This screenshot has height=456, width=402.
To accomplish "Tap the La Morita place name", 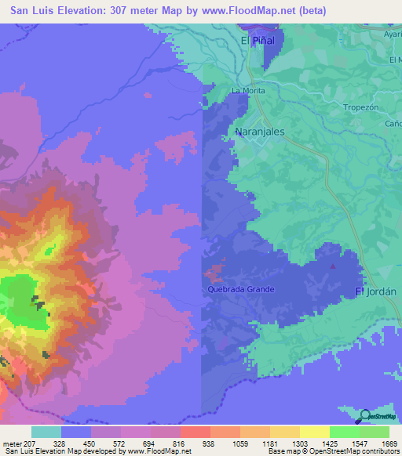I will (x=248, y=91).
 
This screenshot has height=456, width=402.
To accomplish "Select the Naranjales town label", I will (x=260, y=132).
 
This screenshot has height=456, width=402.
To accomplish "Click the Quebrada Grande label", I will (x=241, y=289).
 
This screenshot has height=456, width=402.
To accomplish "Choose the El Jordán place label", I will (x=376, y=291).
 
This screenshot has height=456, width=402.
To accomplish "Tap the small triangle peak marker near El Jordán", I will (x=333, y=266).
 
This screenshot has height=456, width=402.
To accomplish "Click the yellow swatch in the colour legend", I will (x=315, y=432).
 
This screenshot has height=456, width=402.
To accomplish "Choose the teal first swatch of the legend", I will (x=46, y=432).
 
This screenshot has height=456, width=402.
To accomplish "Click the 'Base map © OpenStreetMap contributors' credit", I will (x=332, y=451).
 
